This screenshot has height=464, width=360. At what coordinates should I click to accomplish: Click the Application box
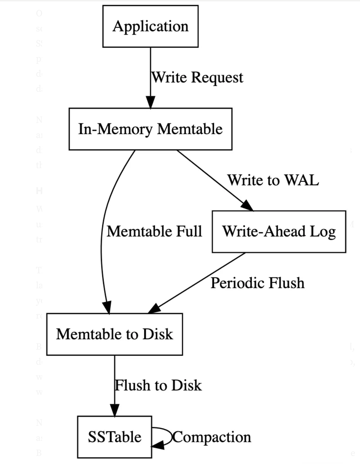150,26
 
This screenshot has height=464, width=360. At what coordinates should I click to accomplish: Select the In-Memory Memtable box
150,129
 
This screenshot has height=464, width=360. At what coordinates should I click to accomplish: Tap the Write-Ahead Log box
279,231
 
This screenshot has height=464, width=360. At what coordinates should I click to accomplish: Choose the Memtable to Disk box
114,334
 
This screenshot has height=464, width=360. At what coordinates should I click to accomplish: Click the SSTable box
114,437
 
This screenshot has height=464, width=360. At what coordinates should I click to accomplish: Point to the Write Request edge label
197,77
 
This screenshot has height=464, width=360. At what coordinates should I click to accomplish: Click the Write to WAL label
273,180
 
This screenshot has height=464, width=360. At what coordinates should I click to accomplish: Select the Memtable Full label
154,231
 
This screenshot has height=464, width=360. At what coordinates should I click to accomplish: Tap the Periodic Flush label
257,283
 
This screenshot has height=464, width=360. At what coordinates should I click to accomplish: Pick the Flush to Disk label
158,385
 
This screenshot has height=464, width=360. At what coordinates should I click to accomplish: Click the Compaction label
211,437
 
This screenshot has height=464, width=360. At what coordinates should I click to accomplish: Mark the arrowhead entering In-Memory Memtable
150,103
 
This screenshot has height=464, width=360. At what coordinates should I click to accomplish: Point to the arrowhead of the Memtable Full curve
107,308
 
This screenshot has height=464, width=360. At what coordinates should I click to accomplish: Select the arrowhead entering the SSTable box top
114,410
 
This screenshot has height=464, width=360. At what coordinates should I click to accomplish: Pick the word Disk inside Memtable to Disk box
157,334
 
